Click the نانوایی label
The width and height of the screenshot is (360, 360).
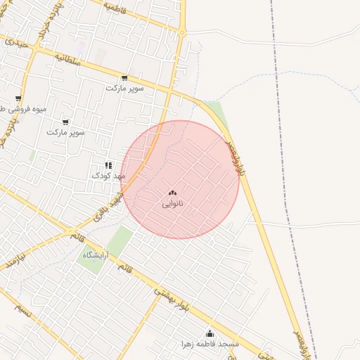[172, 204]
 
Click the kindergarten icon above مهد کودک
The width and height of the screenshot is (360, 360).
[108, 166]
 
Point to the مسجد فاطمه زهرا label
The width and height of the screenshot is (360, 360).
[210, 344]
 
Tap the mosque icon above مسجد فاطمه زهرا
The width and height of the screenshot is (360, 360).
[208, 333]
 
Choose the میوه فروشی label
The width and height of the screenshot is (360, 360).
[14, 110]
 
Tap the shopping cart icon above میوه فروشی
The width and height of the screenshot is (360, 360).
[18, 99]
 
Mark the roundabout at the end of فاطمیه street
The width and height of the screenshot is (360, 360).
[182, 32]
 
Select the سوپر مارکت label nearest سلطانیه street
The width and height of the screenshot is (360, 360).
[124, 89]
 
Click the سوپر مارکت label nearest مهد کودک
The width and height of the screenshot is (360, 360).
[65, 132]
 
